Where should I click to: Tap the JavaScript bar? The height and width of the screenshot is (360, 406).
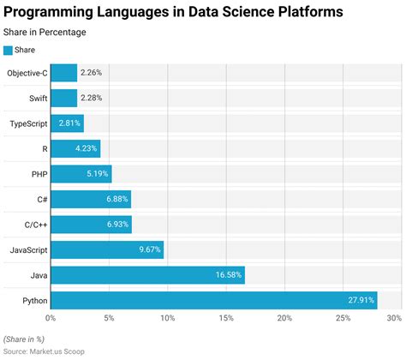click(107, 250)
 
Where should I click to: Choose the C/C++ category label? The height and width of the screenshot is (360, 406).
click(30, 225)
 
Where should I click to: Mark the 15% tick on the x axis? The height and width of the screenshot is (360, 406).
click(226, 319)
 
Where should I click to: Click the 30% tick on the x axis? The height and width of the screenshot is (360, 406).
click(393, 319)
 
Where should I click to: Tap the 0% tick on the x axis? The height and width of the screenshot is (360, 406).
click(51, 319)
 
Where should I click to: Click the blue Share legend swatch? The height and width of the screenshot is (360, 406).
click(9, 50)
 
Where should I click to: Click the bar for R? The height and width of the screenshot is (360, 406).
click(75, 149)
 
